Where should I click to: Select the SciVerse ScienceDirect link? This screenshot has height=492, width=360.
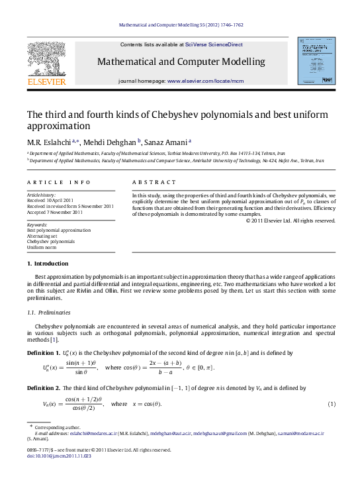[x=214, y=44]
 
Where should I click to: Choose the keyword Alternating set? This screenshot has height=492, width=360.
[x=44, y=235]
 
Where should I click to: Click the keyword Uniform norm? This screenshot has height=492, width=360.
[x=42, y=247]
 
